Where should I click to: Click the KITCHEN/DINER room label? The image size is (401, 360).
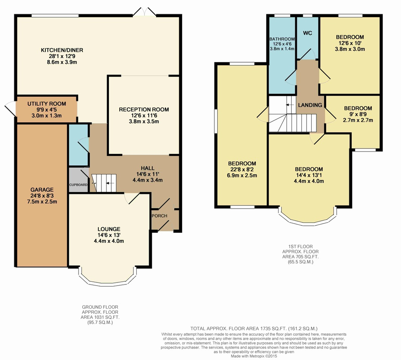[x=62, y=50]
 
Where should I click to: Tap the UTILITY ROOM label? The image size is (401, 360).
[x=47, y=104]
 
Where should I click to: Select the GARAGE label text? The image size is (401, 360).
[x=42, y=189]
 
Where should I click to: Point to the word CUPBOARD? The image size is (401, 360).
[x=78, y=185]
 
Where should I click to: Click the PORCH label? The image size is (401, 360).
[x=159, y=216]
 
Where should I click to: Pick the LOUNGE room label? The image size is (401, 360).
[x=109, y=229]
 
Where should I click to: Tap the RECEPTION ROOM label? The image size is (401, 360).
[x=144, y=110]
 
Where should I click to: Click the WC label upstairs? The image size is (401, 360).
[x=307, y=33]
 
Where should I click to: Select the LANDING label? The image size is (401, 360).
[x=310, y=105]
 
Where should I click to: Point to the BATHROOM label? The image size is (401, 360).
[x=282, y=39]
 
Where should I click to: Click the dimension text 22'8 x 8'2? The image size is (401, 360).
[x=242, y=169]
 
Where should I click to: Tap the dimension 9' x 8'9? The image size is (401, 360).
[x=358, y=114]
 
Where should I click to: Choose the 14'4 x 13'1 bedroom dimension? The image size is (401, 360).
[x=309, y=175]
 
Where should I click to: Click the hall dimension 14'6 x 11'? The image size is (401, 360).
[x=148, y=174]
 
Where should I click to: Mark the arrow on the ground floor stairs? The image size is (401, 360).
[x=110, y=183]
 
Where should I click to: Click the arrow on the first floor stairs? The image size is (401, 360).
[x=290, y=105]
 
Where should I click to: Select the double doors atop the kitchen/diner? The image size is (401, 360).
[x=145, y=12]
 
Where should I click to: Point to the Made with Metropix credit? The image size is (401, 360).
[x=254, y=356]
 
